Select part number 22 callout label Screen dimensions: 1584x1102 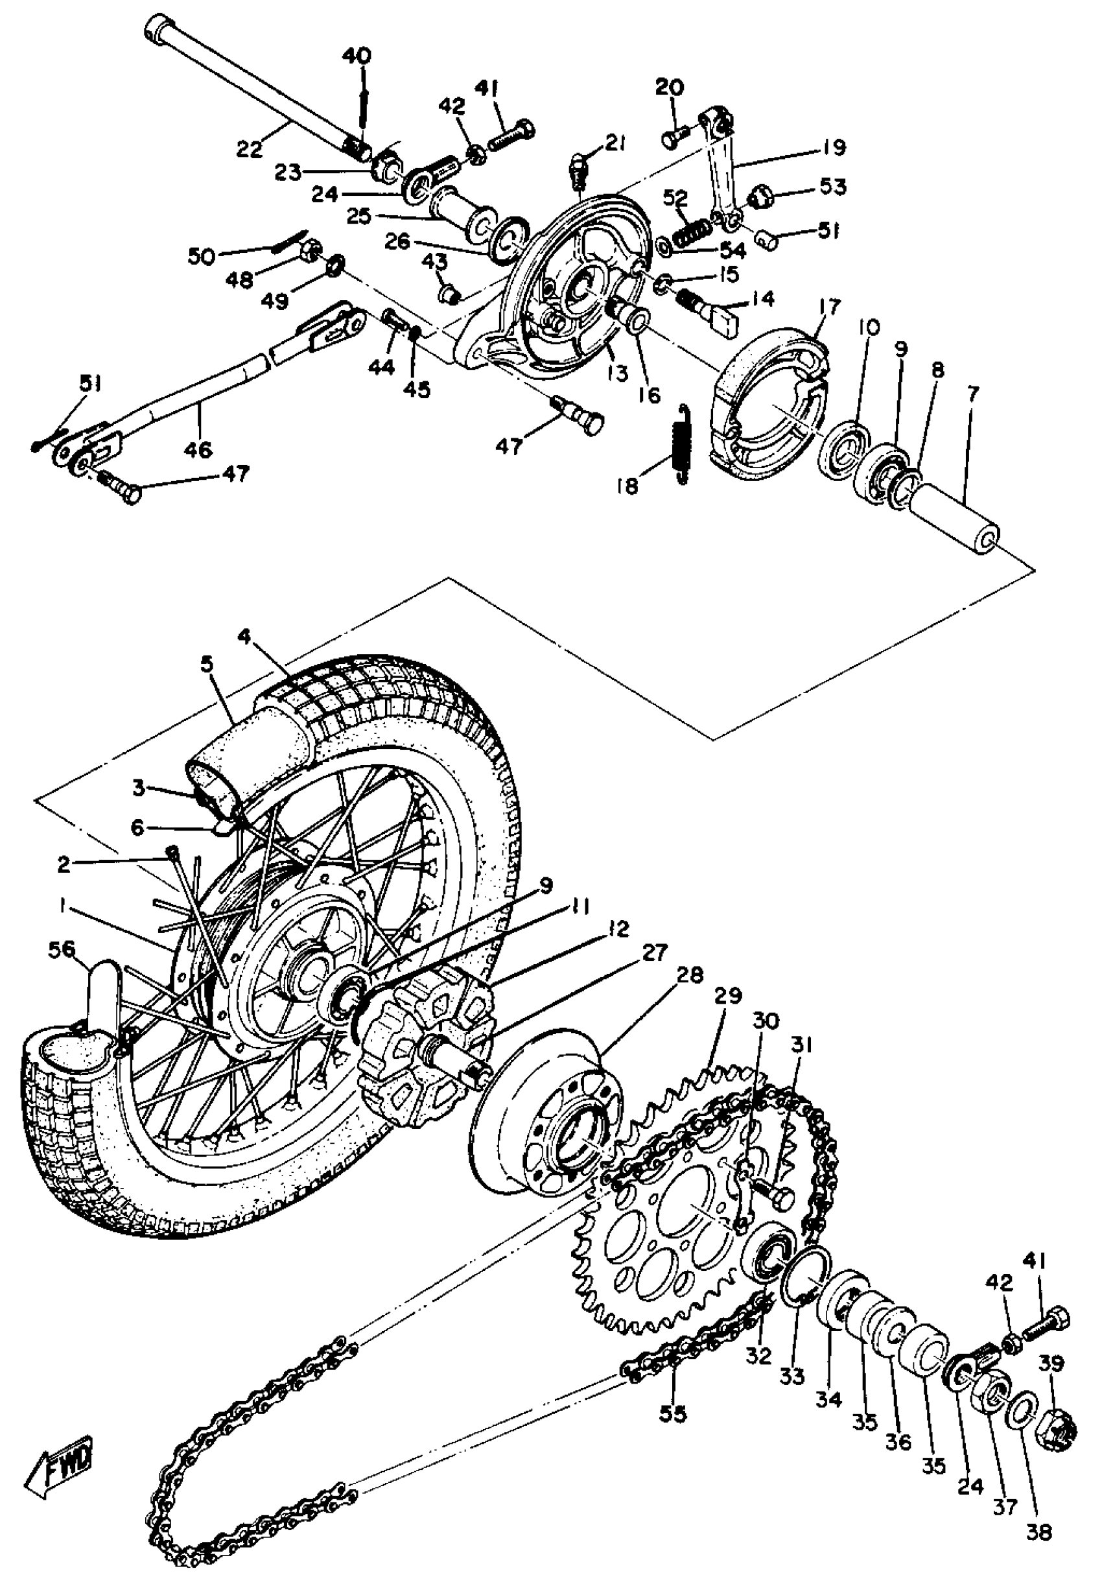pyautogui.click(x=249, y=148)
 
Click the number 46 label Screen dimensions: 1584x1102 pyautogui.click(x=198, y=450)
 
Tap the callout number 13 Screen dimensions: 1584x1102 pyautogui.click(x=618, y=373)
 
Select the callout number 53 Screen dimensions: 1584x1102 pyautogui.click(x=832, y=186)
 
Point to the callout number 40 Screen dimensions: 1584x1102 pyautogui.click(x=360, y=55)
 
